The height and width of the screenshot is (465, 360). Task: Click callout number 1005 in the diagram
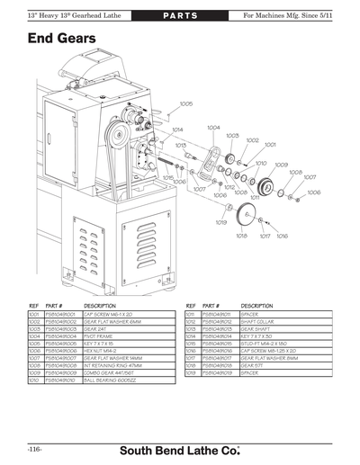186,103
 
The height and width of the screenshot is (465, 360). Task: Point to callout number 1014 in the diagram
177,129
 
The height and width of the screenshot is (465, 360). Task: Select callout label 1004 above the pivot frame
214,128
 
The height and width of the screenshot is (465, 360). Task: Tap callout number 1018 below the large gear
241,237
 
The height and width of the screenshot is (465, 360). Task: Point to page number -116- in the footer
36,446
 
